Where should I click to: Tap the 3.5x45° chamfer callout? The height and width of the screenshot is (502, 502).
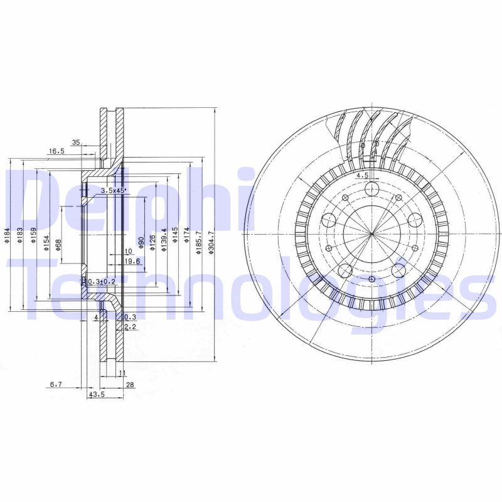point(114,190)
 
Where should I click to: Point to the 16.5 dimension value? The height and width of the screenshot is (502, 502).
point(57,151)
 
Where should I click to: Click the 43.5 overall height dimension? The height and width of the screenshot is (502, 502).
point(97,394)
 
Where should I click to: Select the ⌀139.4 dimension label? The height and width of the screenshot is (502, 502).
point(163,240)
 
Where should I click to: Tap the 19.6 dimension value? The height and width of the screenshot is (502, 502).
point(131,262)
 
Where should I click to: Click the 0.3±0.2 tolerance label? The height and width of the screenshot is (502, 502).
point(102,282)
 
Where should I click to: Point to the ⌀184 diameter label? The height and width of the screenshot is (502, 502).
point(6,235)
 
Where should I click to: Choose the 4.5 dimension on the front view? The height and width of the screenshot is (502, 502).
point(362,176)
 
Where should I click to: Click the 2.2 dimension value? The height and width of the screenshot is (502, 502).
point(130,327)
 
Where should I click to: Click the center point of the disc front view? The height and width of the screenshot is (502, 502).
point(372,234)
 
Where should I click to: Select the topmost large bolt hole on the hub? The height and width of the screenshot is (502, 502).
point(372,190)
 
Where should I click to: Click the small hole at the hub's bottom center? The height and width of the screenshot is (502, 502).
point(372,279)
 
